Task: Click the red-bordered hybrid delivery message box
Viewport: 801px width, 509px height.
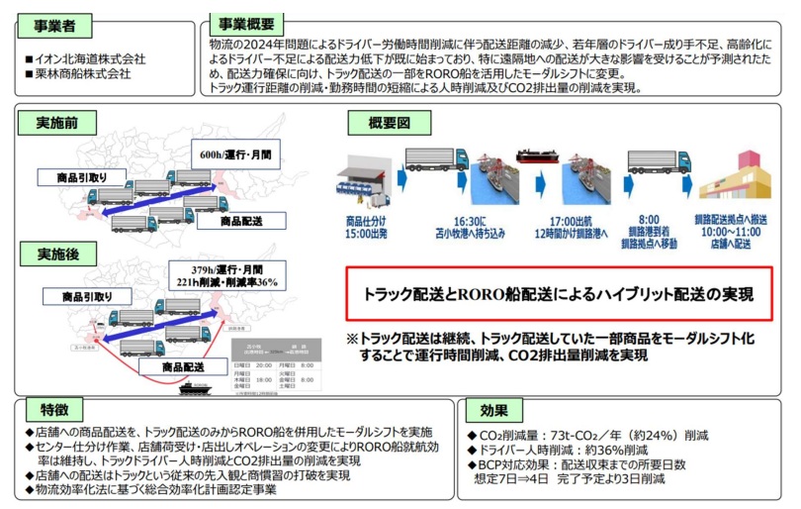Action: point(558,294)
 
